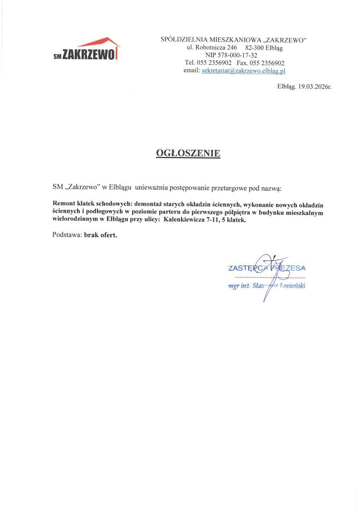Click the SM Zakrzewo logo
87,50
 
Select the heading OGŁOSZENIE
188,153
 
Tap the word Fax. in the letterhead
242,63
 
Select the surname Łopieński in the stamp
292,286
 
